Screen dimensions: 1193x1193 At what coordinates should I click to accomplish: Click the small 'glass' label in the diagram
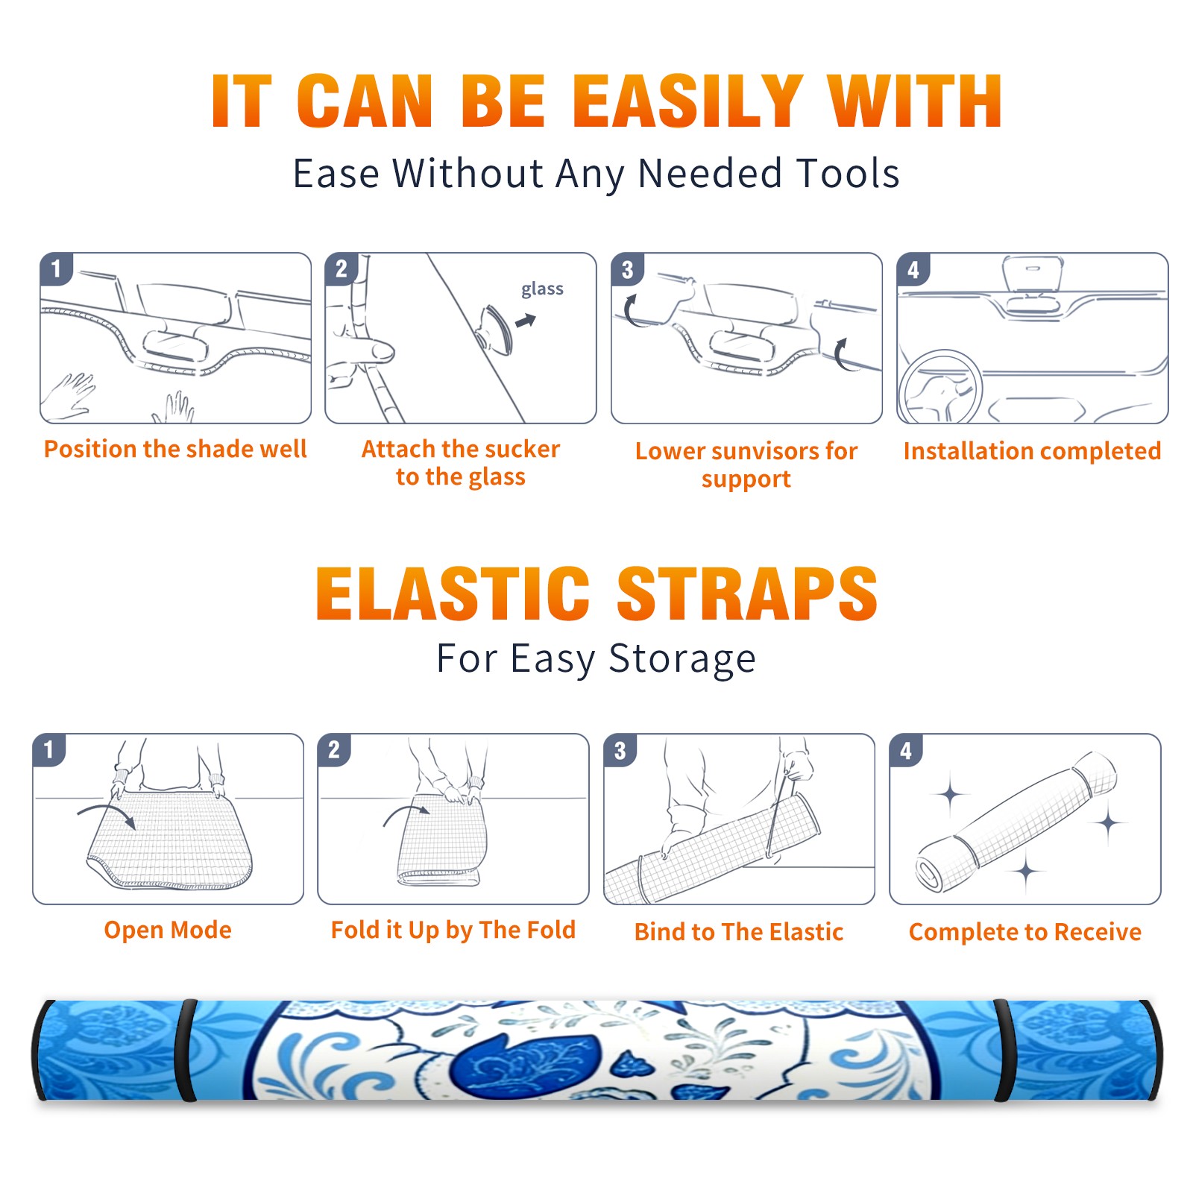[542, 289]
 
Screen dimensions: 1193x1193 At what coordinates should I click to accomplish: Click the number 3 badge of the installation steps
[628, 269]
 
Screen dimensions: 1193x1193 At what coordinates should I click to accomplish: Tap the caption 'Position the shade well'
[175, 449]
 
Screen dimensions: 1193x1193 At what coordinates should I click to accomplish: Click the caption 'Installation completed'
[1032, 451]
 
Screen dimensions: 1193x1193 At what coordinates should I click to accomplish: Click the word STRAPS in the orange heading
[747, 594]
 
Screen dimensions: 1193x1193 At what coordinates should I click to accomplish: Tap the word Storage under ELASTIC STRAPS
[682, 659]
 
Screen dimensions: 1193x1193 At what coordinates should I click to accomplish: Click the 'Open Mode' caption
[168, 931]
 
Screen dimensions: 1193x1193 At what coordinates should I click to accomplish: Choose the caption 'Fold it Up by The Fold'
[453, 931]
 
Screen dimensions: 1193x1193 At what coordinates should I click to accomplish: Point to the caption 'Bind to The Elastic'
[739, 932]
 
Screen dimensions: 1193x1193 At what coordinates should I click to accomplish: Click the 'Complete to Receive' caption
[1025, 932]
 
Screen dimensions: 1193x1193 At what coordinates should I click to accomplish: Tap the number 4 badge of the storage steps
[906, 750]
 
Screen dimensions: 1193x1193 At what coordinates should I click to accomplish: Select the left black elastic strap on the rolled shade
[186, 1051]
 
